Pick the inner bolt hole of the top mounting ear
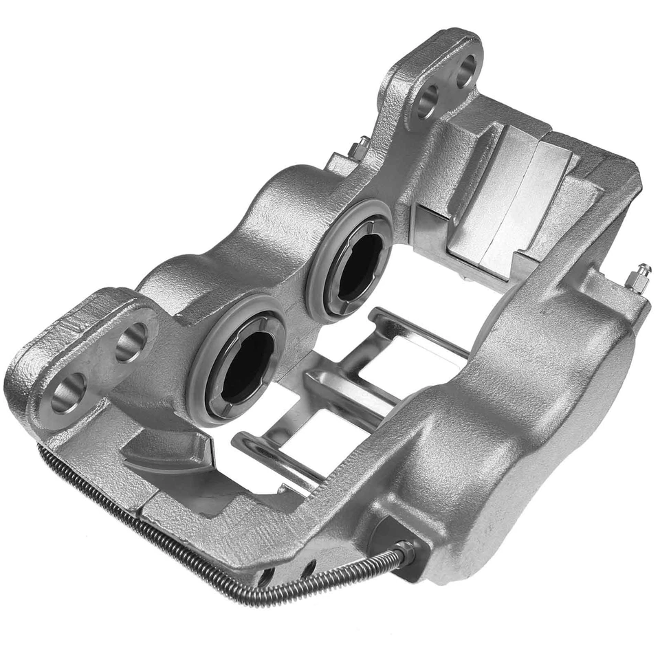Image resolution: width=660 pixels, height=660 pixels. click(426, 101)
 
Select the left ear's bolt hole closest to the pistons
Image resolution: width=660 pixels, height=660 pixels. click(131, 342)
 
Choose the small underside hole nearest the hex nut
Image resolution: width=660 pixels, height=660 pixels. click(307, 568)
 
